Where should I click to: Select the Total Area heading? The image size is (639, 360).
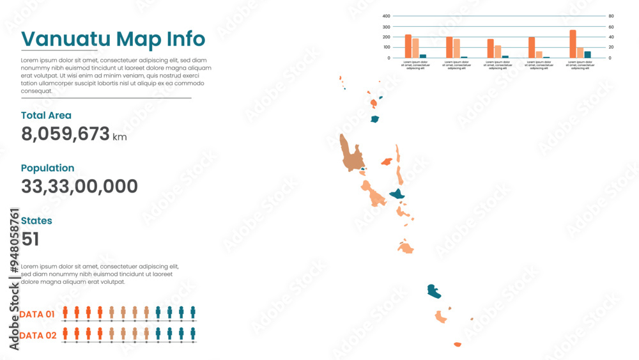[46, 116]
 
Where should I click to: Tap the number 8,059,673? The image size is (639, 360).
[65, 134]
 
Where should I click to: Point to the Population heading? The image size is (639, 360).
[47, 168]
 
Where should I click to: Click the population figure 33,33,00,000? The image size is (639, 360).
[79, 187]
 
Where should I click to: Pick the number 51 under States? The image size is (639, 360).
[30, 239]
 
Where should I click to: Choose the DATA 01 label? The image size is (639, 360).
[38, 314]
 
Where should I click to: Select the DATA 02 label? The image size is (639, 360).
[38, 335]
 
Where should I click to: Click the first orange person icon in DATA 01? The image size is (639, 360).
[65, 312]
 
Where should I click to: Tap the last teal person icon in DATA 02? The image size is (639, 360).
[192, 333]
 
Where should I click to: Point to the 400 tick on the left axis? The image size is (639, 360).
[387, 16]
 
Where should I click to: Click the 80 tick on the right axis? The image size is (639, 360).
[610, 16]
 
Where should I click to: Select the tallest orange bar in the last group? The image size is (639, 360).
[573, 43]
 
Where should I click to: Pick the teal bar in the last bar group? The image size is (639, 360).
[587, 54]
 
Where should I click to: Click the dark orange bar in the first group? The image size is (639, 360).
[408, 46]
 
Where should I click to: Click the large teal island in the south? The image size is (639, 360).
[434, 292]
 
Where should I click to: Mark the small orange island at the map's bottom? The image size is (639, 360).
[457, 344]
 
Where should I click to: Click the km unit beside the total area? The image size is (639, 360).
[119, 137]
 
